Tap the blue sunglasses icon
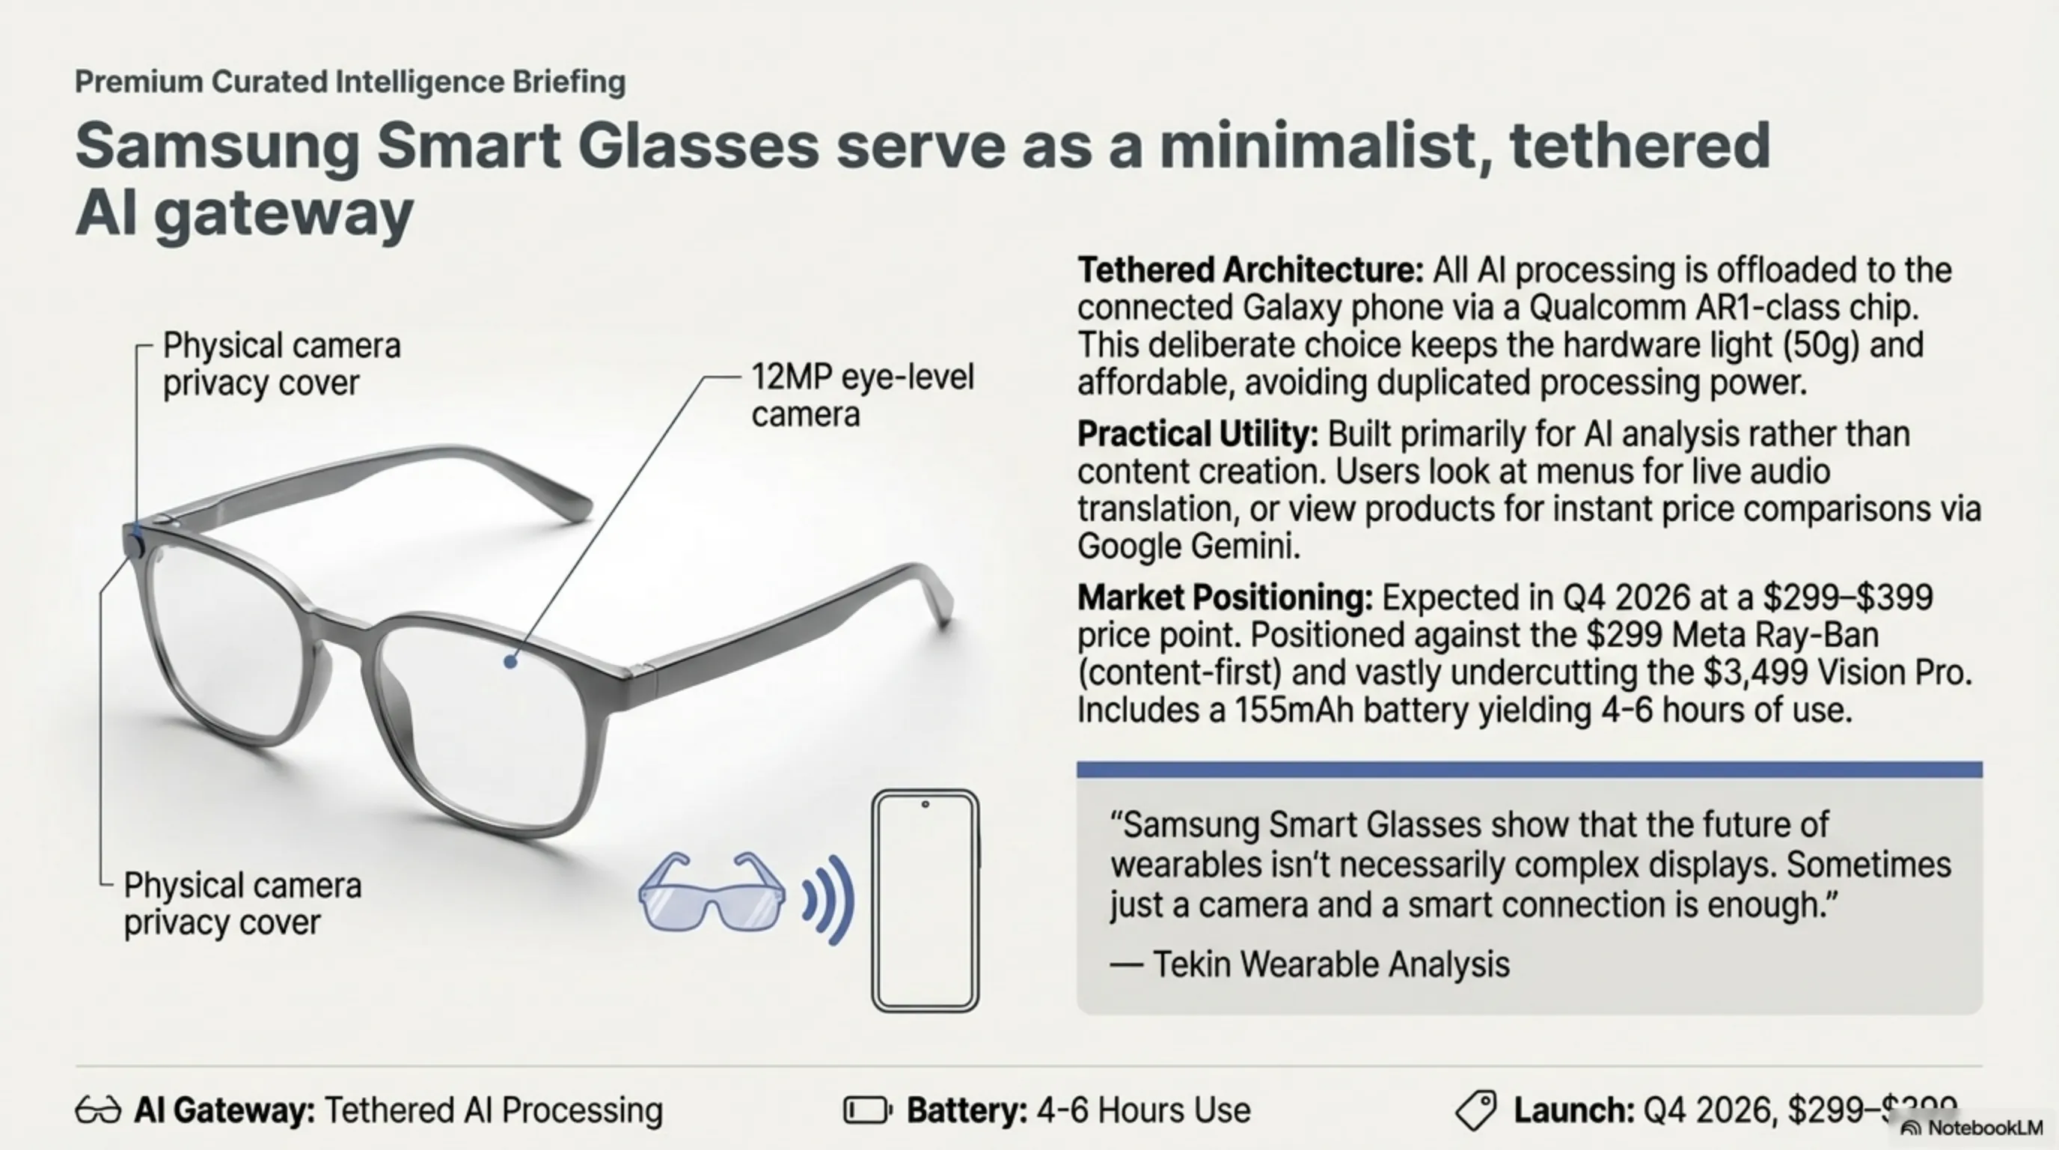712,892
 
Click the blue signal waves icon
829,901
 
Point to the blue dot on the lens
511,661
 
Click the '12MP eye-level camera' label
863,395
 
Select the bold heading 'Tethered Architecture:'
1250,270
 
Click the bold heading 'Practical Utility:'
1197,434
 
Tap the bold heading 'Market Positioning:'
1225,597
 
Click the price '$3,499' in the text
1755,672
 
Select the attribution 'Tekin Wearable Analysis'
1331,964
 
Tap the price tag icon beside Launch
1475,1110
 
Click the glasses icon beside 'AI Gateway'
97,1111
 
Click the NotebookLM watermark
1971,1128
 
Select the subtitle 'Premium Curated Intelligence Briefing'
350,82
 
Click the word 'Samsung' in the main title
218,146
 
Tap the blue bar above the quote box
1529,770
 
